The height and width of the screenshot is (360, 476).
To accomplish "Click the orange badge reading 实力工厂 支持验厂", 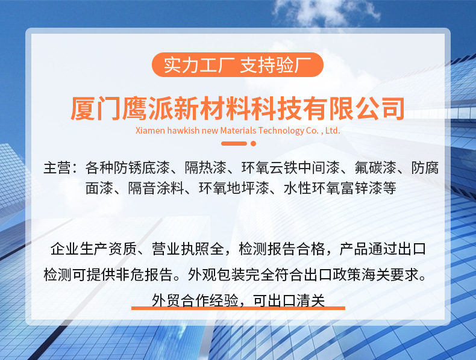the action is [237, 64].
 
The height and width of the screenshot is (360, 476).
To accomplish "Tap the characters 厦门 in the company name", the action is [96, 108].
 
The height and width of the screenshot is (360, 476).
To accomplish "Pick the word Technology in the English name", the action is [281, 131].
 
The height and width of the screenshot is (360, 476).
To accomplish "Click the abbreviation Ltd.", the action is [333, 131].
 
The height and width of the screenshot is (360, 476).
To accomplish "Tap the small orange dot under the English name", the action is [253, 143].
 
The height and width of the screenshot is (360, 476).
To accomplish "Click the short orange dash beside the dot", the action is [234, 143].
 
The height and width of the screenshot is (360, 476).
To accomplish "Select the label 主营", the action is [57, 168].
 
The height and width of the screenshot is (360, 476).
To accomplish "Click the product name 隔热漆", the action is [206, 168].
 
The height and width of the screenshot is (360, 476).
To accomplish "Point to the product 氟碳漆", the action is [375, 168].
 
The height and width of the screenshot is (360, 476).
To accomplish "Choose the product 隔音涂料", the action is [155, 188].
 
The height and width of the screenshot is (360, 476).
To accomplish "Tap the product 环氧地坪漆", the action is [234, 188].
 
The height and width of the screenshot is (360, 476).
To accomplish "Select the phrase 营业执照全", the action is [187, 249].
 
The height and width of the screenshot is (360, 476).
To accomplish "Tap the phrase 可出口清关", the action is [289, 300].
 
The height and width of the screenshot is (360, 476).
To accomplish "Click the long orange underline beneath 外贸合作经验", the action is [239, 308].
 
